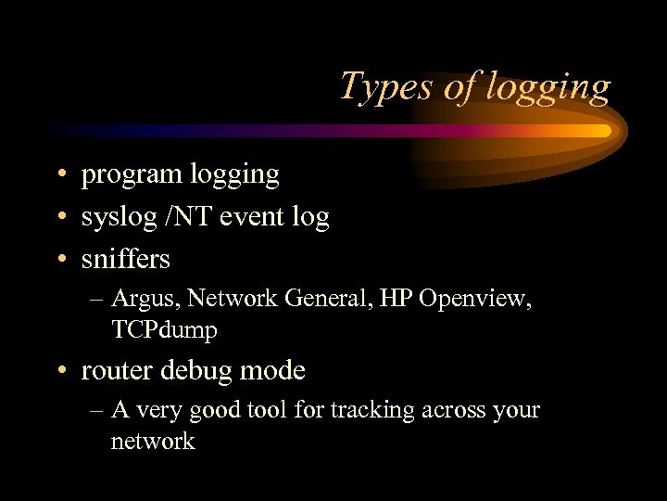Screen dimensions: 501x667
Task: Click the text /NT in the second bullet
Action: (179, 216)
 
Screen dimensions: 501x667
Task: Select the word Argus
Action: (139, 299)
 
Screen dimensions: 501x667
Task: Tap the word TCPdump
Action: (164, 329)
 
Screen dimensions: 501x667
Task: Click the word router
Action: (118, 370)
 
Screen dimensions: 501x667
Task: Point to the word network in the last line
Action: (153, 440)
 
